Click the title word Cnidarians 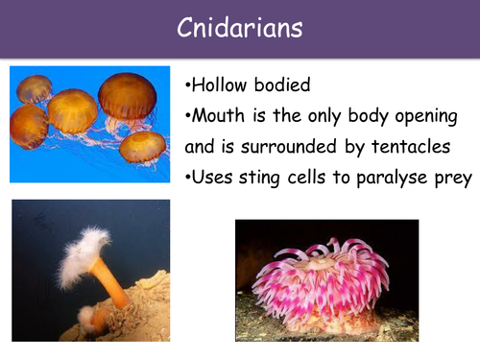(x=240, y=29)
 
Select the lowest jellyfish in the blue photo (x=142, y=147)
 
